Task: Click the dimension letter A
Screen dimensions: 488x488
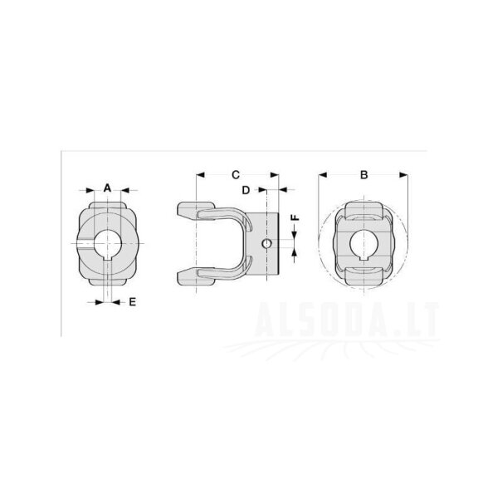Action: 107,188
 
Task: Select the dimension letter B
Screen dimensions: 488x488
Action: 364,175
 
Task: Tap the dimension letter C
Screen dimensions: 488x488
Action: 236,175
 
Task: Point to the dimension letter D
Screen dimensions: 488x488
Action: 246,190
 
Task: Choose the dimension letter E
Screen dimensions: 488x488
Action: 133,302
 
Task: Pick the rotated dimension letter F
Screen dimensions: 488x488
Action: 295,217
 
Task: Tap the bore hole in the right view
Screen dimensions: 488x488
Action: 364,243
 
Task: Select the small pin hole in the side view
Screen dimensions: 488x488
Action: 266,244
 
